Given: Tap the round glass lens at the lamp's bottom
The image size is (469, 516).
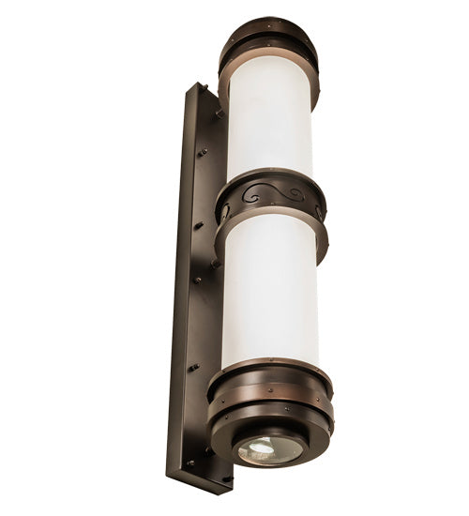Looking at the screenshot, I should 269,448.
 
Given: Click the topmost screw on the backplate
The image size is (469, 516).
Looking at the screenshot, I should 202,90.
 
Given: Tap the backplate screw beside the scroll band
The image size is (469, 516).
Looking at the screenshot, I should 199,225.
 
